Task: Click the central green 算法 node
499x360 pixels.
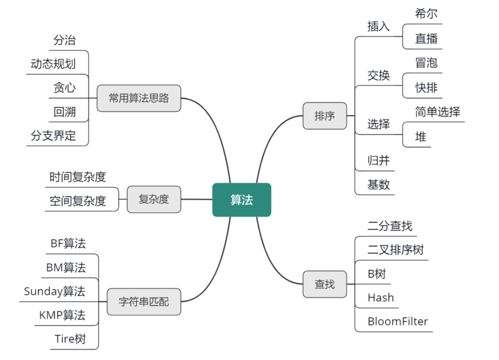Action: tap(242, 200)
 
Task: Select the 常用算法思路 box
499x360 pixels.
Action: tap(138, 98)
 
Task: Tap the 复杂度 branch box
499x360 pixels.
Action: tap(154, 200)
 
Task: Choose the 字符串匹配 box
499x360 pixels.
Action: tap(144, 301)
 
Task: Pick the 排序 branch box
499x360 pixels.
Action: tap(325, 116)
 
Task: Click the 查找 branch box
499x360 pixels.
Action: tap(325, 284)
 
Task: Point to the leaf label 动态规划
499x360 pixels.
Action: tap(53, 64)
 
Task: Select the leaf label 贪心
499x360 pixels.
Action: tap(65, 88)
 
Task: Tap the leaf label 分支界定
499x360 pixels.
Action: tap(53, 136)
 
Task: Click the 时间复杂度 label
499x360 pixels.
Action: tap(78, 177)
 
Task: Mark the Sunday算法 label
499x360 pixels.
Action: tap(55, 291)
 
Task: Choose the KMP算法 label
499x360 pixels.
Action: tap(62, 315)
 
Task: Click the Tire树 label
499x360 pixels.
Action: tap(70, 339)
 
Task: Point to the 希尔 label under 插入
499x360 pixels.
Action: tap(426, 13)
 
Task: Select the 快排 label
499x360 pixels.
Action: tap(426, 88)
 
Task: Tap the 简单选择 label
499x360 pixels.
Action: tap(437, 112)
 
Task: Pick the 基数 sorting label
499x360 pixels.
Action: tap(378, 185)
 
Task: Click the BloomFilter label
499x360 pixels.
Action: tap(397, 321)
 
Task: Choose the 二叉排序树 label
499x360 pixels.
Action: tap(395, 250)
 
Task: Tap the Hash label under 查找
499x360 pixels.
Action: tap(381, 297)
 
